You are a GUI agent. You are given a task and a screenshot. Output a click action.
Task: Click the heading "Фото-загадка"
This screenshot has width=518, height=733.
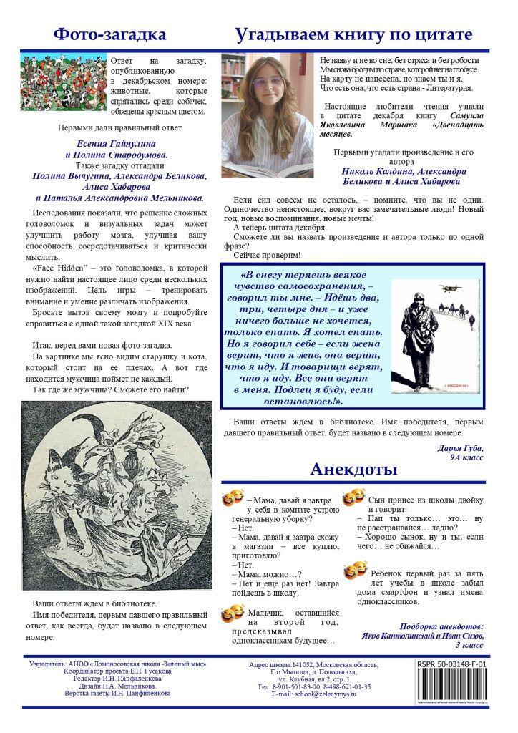[x=110, y=34]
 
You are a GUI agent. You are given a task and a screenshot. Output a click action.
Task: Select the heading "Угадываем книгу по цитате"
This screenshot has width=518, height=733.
[x=354, y=34]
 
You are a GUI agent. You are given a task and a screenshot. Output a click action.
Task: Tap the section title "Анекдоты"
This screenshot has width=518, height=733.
[x=353, y=470]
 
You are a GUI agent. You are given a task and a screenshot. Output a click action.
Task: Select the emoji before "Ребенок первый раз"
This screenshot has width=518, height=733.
[x=355, y=571]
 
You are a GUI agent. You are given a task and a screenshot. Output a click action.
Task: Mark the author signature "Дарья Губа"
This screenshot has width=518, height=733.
[x=460, y=448]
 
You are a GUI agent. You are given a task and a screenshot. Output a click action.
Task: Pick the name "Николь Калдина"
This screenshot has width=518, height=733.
[x=377, y=172]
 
